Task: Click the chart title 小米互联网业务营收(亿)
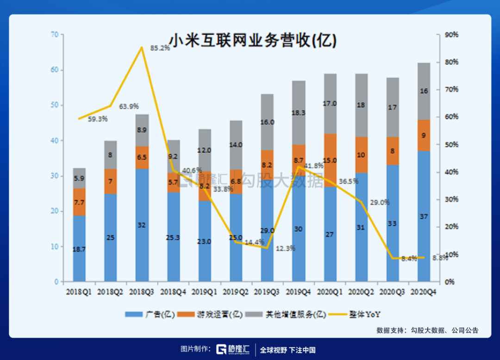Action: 252,41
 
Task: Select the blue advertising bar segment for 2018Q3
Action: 142,225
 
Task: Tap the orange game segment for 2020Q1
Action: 330,160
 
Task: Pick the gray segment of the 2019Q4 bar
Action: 299,113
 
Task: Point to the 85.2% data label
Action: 160,48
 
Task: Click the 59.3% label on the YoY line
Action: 97,119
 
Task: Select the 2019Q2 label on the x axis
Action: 236,292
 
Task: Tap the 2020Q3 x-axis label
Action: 393,292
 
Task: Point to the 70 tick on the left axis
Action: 55,35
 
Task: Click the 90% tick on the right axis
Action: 451,35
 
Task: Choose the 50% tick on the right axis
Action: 451,145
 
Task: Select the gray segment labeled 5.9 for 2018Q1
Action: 79,178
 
